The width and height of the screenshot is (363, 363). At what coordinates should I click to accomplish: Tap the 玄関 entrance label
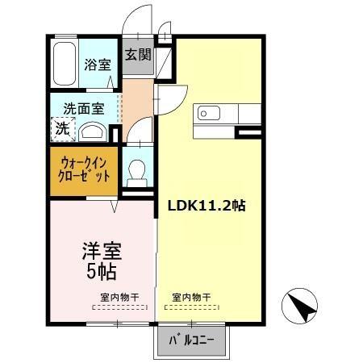(138, 56)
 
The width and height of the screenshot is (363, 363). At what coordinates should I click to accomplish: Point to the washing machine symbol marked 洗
(60, 127)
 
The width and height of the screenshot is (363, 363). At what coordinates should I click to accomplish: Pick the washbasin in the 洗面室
(94, 131)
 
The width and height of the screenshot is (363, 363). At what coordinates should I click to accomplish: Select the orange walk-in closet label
(84, 169)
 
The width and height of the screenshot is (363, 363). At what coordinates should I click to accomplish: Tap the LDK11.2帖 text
(207, 206)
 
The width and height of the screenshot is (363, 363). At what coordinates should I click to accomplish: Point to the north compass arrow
(299, 307)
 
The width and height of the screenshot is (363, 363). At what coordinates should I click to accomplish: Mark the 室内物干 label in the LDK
(191, 297)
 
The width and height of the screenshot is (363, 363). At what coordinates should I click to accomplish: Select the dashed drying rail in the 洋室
(119, 307)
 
